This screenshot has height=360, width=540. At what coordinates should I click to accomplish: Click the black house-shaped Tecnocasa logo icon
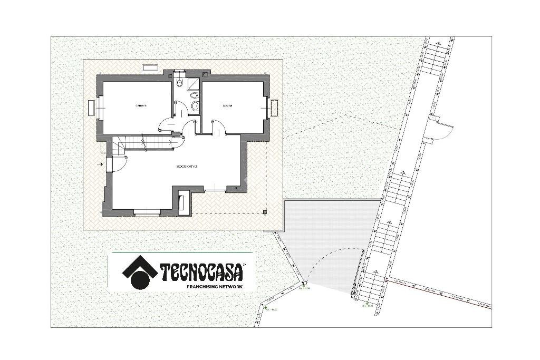[x=140, y=273]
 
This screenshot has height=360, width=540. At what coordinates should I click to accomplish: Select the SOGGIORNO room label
[x=187, y=167]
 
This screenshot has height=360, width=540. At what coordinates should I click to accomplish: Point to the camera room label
[x=140, y=106]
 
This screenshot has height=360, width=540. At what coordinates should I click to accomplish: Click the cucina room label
[x=227, y=106]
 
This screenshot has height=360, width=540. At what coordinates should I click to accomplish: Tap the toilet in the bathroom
[x=180, y=82]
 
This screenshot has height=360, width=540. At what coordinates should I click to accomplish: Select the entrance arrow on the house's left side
[x=100, y=164]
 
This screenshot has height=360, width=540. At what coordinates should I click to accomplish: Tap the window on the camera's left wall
[x=92, y=108]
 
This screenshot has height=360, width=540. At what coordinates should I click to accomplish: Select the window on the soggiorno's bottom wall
[x=146, y=212]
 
